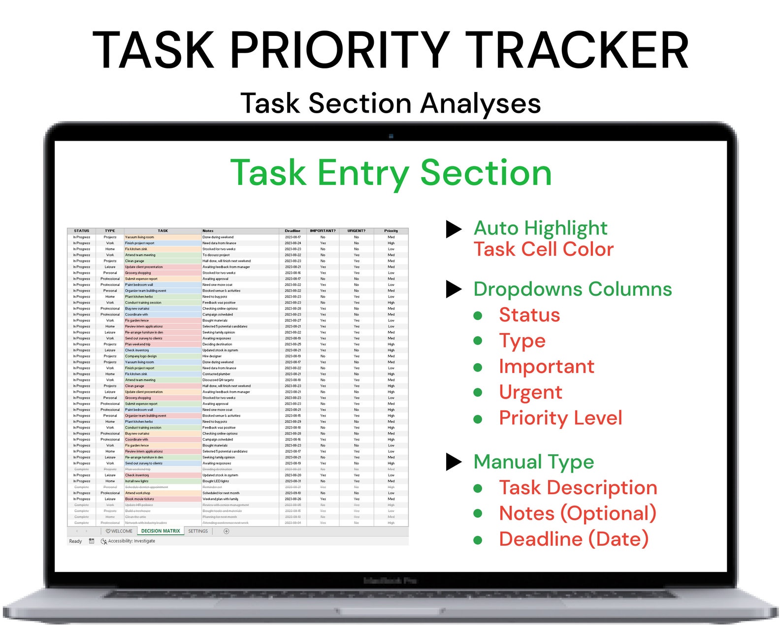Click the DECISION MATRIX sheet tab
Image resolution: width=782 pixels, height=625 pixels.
tap(161, 531)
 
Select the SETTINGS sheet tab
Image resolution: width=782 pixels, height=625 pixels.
tap(198, 531)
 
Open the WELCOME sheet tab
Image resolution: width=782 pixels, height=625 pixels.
tap(119, 531)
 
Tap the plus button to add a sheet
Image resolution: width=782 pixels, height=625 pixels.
tap(227, 531)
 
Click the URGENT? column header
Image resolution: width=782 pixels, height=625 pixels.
tap(357, 231)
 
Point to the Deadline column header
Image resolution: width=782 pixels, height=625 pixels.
tap(293, 231)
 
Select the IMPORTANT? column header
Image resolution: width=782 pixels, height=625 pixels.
tap(323, 231)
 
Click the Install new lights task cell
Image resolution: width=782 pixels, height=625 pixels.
tap(137, 481)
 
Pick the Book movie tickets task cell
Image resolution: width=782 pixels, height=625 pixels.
tap(140, 499)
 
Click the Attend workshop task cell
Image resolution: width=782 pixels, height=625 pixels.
tap(138, 493)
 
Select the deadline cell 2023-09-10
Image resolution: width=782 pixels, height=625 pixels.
tap(293, 493)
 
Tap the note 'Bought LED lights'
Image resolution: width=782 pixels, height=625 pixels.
tap(216, 481)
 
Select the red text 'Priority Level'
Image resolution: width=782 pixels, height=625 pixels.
tap(560, 418)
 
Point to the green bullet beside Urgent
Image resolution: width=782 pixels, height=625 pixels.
tap(478, 392)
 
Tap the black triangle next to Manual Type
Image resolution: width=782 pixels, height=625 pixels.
tap(454, 462)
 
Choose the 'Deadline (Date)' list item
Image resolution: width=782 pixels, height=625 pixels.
tap(574, 539)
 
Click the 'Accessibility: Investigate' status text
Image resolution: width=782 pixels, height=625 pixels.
tap(131, 541)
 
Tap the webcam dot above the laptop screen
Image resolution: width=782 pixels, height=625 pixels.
tap(391, 136)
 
